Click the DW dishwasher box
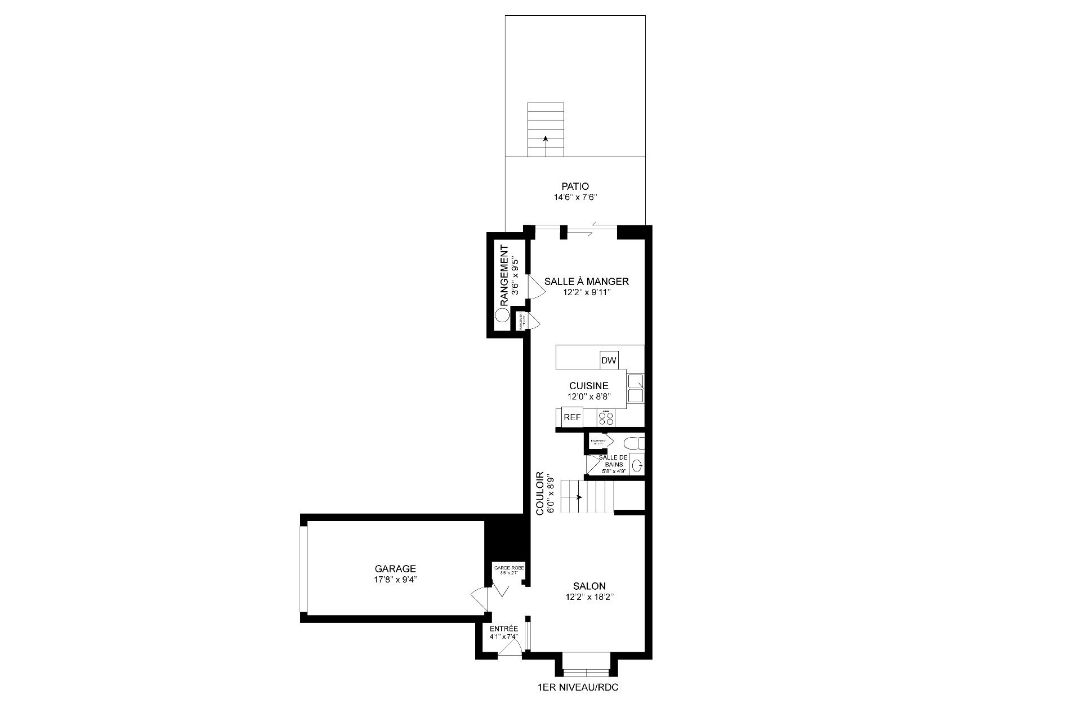pyautogui.click(x=609, y=360)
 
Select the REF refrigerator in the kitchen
pyautogui.click(x=572, y=417)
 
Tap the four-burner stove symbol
pyautogui.click(x=606, y=418)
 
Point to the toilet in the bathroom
pyautogui.click(x=635, y=442)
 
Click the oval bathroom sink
pyautogui.click(x=637, y=466)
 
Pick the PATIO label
pyautogui.click(x=575, y=186)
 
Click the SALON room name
pyautogui.click(x=589, y=586)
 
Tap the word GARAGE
pyautogui.click(x=396, y=569)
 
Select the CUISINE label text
pyautogui.click(x=588, y=386)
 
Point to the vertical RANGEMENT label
pyautogui.click(x=504, y=275)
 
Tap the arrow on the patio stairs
pyautogui.click(x=545, y=139)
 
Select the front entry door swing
pyautogui.click(x=510, y=649)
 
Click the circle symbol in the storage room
pyautogui.click(x=501, y=315)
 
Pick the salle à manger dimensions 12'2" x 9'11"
pyautogui.click(x=587, y=293)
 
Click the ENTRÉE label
pyautogui.click(x=503, y=629)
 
